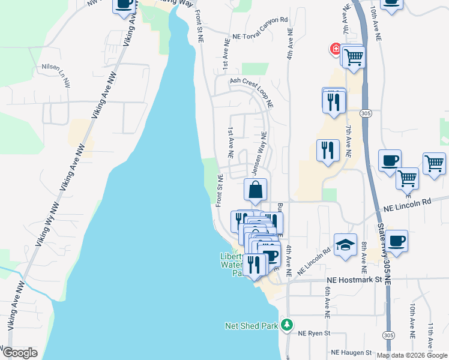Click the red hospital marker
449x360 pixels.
tap(335, 49)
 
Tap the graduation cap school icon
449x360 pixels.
tap(346, 244)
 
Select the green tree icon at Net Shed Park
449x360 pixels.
tap(288, 325)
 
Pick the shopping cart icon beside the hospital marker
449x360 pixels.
tap(354, 57)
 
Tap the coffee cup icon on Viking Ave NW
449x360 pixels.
tap(124, 4)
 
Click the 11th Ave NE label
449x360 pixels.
tap(431, 336)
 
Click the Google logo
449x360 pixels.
tap(20, 353)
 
